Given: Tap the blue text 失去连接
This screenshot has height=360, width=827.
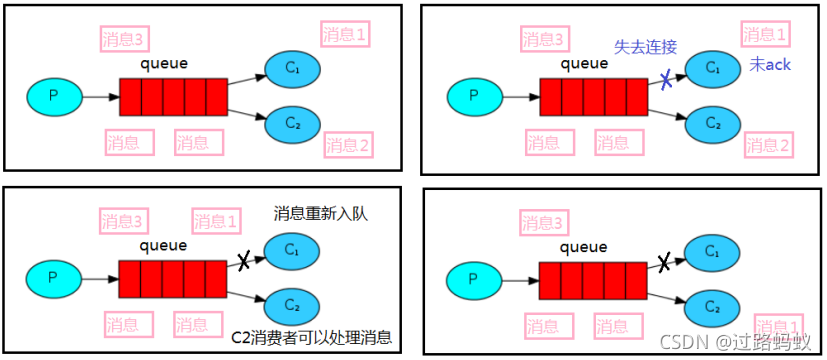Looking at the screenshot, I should pos(645,48).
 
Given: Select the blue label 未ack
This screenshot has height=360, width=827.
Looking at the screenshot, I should pos(771,66).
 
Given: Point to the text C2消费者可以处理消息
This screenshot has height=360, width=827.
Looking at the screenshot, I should pos(312,337).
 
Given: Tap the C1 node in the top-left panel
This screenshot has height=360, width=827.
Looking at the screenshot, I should pos(292,69).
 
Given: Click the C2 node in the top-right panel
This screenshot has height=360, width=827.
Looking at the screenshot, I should pos(712,124).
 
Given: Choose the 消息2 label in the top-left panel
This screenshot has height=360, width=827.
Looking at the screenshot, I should pos(348,146).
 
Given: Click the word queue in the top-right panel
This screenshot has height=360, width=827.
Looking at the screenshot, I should pos(583,63).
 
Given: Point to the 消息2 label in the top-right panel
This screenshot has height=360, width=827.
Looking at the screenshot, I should pos(768,146).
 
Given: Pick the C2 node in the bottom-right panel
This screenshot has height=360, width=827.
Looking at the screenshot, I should pos(712,306).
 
